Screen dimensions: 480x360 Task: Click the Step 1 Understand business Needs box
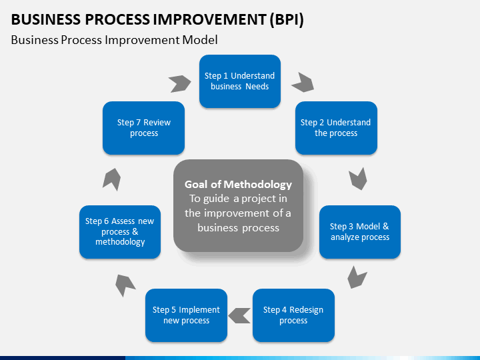(x=240, y=81)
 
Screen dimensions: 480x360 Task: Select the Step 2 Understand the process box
(x=336, y=128)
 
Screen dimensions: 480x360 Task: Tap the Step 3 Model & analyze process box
(x=360, y=232)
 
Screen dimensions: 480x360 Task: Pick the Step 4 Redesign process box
(x=293, y=315)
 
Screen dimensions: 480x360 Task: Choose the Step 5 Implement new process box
(x=186, y=315)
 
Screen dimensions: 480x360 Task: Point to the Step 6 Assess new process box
(x=120, y=232)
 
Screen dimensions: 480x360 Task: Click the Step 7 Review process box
(x=143, y=128)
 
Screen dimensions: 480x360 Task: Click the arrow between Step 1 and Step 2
(x=304, y=83)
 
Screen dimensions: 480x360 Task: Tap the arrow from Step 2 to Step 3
(x=358, y=179)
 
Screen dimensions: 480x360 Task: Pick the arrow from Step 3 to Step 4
(x=356, y=278)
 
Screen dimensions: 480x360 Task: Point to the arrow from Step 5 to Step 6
(x=124, y=285)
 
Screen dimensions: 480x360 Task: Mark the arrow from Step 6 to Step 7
(x=112, y=179)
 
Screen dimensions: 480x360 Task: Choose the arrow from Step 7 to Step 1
(x=181, y=83)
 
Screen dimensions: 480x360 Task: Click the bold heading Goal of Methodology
(x=238, y=184)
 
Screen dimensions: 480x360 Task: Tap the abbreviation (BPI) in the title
(x=287, y=19)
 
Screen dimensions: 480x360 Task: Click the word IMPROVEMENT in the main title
(x=209, y=19)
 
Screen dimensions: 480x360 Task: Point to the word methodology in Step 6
(x=120, y=242)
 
